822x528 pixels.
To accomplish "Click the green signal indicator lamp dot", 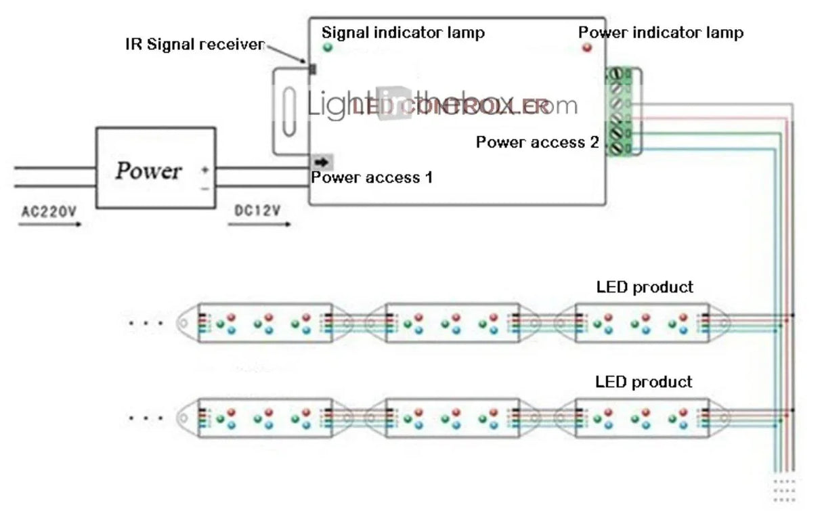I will tap(328, 47).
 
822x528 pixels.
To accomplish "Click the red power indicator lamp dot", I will tap(586, 47).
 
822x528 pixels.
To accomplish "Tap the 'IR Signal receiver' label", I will tap(195, 45).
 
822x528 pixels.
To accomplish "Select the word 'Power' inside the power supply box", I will tap(148, 171).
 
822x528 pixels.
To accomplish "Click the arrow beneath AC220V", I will tap(51, 223).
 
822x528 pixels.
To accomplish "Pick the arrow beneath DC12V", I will tap(260, 223).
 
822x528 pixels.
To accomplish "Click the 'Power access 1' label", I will tap(371, 177).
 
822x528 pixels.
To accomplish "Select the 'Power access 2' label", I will tap(538, 142).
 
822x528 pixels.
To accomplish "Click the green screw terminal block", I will tap(618, 112).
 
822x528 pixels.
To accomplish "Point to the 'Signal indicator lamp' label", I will tap(403, 32).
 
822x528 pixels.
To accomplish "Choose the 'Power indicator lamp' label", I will tap(660, 32).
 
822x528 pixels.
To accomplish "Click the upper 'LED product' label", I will tap(645, 287).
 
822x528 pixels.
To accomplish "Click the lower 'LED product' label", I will tap(644, 382).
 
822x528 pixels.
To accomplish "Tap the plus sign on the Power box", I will tap(204, 170).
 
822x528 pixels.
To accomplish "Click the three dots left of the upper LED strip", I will tap(146, 324).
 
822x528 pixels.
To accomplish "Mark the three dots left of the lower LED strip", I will tap(146, 418).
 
